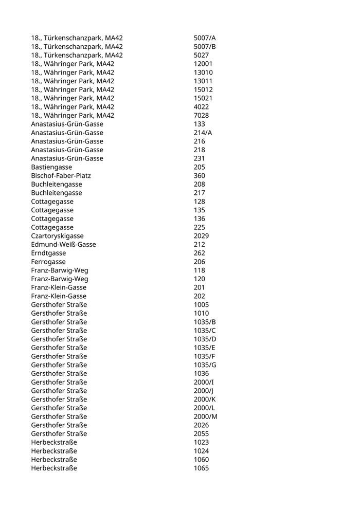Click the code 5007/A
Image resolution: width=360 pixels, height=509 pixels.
click(205, 38)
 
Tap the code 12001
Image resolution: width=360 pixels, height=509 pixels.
click(203, 64)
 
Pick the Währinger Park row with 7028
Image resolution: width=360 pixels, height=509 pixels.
click(73, 115)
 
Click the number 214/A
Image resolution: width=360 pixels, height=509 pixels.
click(203, 133)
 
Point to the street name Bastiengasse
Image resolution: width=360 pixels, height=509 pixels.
click(51, 167)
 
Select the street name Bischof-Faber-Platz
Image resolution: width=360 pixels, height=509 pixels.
click(61, 175)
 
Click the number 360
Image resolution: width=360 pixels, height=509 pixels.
click(200, 175)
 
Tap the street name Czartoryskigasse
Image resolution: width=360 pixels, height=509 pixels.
click(57, 236)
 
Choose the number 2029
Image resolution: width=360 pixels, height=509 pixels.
click(201, 236)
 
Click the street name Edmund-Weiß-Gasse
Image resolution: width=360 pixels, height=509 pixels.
click(63, 244)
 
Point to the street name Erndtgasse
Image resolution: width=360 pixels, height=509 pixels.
click(48, 253)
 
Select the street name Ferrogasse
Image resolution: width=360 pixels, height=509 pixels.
click(48, 262)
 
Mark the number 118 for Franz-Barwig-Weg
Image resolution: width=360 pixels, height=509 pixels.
click(200, 270)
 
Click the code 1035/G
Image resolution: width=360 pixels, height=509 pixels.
click(205, 365)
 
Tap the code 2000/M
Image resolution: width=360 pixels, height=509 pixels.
click(206, 416)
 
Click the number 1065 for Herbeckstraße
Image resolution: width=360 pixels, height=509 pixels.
click(201, 468)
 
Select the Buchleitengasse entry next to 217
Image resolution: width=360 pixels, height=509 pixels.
click(57, 193)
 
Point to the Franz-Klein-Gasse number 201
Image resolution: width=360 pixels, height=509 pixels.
click(200, 287)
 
